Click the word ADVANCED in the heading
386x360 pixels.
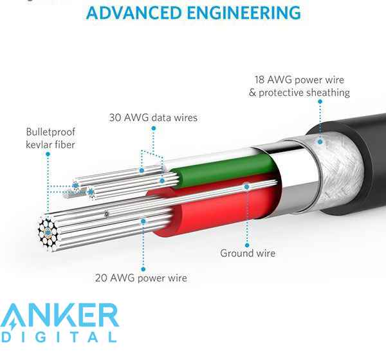click(x=134, y=13)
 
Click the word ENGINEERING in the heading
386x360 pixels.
click(x=244, y=13)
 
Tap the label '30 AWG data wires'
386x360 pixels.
click(x=153, y=118)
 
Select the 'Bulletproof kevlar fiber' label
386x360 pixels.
click(x=50, y=138)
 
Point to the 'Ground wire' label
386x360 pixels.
click(x=248, y=253)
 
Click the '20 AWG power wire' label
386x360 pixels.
click(x=141, y=278)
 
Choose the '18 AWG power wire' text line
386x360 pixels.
click(x=299, y=80)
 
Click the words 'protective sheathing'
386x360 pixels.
click(x=304, y=93)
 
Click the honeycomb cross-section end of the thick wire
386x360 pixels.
click(x=48, y=233)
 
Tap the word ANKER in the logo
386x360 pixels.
click(x=60, y=316)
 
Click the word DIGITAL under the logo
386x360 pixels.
click(x=59, y=337)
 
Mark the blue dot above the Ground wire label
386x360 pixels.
click(x=247, y=245)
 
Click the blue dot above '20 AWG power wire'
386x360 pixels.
click(x=143, y=269)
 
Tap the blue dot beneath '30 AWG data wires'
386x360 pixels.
click(x=154, y=128)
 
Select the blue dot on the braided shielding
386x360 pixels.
click(x=320, y=142)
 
